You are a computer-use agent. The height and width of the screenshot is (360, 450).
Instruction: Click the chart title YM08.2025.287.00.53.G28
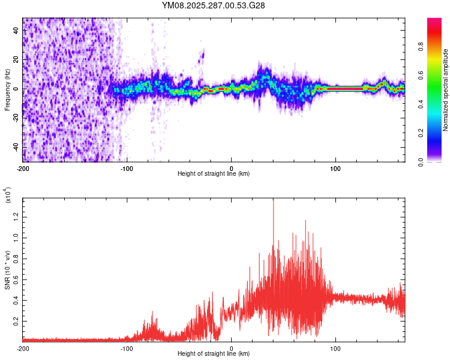coord(214,5)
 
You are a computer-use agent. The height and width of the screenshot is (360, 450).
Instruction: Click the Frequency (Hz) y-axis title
coord(7,89)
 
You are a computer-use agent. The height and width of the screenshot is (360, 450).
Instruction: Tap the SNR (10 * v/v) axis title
coord(8,269)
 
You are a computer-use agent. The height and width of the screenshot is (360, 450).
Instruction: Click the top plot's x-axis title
coord(214,174)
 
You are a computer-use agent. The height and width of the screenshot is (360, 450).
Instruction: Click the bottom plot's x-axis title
coord(214,354)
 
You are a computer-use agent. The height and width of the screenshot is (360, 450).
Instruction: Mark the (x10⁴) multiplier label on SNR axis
coord(7,196)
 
